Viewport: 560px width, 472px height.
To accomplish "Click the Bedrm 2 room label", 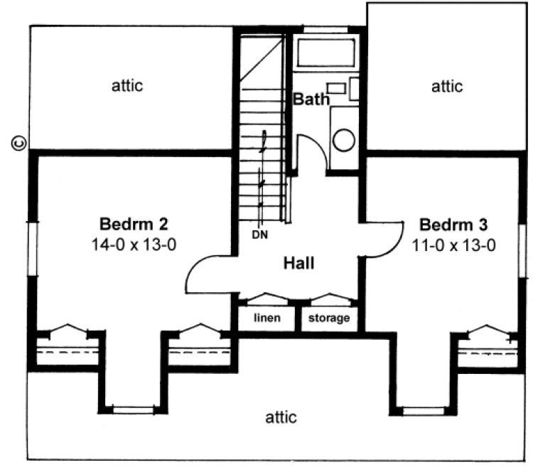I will (x=134, y=225).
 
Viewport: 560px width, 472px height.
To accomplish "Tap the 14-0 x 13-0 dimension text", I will (x=134, y=245).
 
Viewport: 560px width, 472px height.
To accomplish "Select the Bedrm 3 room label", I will (x=453, y=226).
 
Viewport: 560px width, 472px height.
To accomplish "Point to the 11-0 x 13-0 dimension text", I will (x=453, y=246).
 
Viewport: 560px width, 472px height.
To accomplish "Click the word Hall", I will (x=299, y=264).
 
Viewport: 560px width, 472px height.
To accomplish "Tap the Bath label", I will (x=311, y=100).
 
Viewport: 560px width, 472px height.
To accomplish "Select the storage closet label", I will (x=328, y=318).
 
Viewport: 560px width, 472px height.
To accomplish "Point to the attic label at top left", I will (x=128, y=86).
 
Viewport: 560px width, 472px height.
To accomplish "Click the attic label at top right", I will (x=447, y=87).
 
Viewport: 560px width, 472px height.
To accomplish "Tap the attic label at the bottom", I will (x=281, y=417).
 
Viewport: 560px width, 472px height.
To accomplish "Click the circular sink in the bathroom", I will (x=344, y=139).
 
